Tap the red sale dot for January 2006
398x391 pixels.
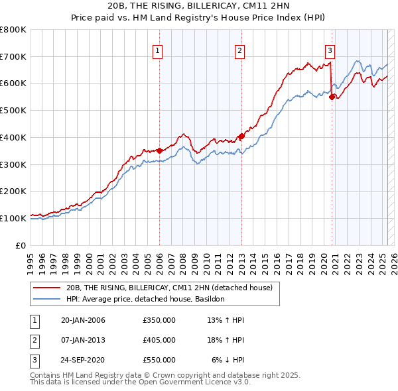pos(159,150)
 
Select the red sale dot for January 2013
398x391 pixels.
pos(241,136)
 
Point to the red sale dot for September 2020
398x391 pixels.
pos(332,97)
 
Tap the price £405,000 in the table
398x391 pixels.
pos(159,340)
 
